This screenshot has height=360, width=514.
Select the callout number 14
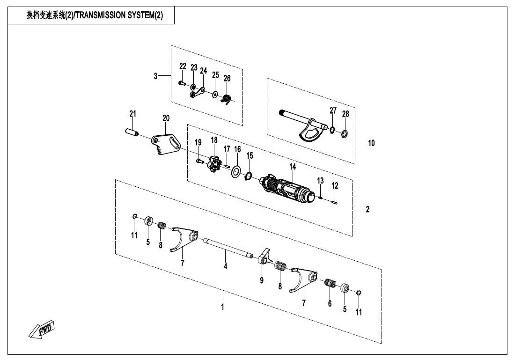point(293,166)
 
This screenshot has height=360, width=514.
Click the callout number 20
point(166,118)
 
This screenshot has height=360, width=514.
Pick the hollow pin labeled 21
point(132,132)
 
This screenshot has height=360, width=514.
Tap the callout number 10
point(371,143)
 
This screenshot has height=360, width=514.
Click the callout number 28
point(345,114)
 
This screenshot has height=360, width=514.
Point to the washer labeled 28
point(344,134)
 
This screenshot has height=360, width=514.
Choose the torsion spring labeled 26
point(226,99)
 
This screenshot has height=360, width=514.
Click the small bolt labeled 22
point(182,83)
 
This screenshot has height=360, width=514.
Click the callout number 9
point(262,280)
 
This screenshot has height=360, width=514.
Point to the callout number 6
point(330,304)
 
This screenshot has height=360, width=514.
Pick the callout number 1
point(223,307)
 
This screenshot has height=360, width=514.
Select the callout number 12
point(335,186)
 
